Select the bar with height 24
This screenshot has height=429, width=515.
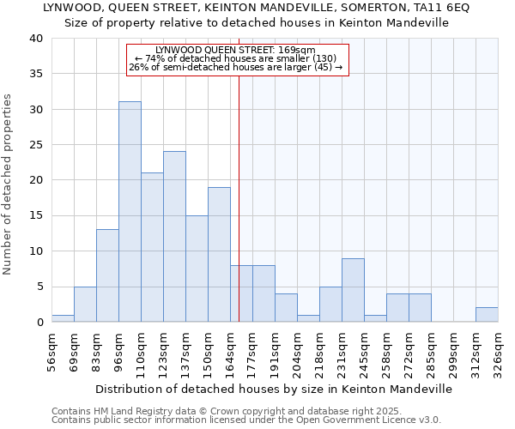(174, 237)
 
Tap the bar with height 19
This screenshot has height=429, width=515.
(219, 255)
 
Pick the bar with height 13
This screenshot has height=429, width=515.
(107, 275)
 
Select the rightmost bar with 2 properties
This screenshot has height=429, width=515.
(487, 315)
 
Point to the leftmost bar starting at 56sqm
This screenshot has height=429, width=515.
(63, 318)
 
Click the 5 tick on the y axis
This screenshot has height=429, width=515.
(39, 287)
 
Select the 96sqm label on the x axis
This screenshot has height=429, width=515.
(119, 350)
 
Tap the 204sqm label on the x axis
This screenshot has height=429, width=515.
(298, 350)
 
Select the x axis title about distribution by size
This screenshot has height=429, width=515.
(274, 389)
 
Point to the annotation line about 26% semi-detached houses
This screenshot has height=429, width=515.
(236, 67)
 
